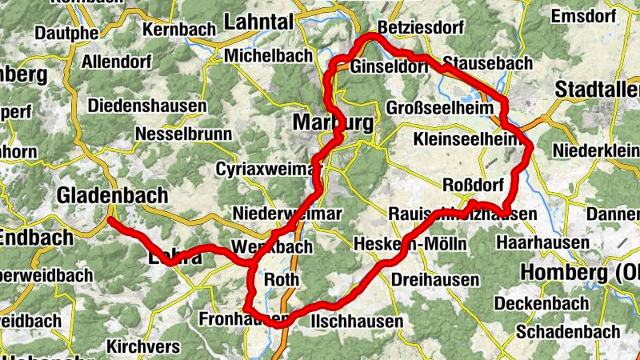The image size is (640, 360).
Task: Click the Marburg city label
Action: pos(333,123)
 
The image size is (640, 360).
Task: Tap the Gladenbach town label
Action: pos(113,195)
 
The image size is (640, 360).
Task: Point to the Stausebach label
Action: pos(476,62)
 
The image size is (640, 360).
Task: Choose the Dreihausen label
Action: pos(436,280)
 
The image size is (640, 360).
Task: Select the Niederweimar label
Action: pos(287,214)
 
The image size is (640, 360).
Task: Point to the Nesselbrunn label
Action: pos(184,134)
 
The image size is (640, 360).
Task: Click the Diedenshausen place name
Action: pos(147,106)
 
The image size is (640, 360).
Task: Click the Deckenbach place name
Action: pos(541,304)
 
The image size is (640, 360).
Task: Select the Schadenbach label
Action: pos(568,331)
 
